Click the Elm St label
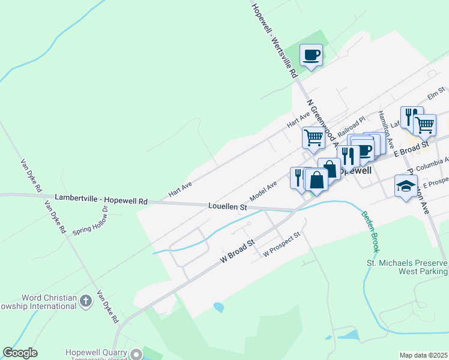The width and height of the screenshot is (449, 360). pyautogui.click(x=435, y=94)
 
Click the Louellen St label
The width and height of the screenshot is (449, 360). pyautogui.click(x=228, y=206)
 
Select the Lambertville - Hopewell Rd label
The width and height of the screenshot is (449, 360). pyautogui.click(x=101, y=197)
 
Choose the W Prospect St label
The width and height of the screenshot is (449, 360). pyautogui.click(x=282, y=245)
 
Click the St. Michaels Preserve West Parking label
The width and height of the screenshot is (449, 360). pyautogui.click(x=407, y=267)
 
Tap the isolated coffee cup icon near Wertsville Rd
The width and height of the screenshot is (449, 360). pyautogui.click(x=311, y=55)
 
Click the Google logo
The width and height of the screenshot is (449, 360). pyautogui.click(x=20, y=353)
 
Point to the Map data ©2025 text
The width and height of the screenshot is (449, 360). pyautogui.click(x=423, y=355)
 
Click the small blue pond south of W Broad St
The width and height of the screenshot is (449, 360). pyautogui.click(x=218, y=307)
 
